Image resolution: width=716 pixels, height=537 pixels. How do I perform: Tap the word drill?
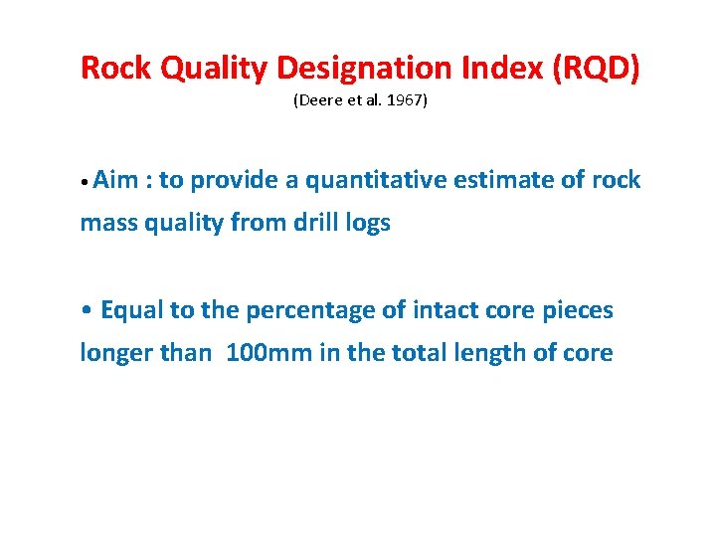point(318,223)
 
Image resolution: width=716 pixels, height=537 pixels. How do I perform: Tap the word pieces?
point(578,310)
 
